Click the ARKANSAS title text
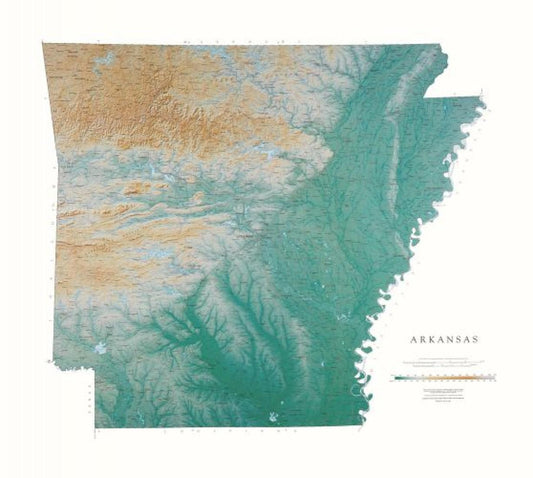pyautogui.click(x=443, y=339)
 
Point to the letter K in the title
pyautogui.click(x=429, y=339)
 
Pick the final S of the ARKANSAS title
pyautogui.click(x=476, y=339)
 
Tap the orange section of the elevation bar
pyautogui.click(x=455, y=379)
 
